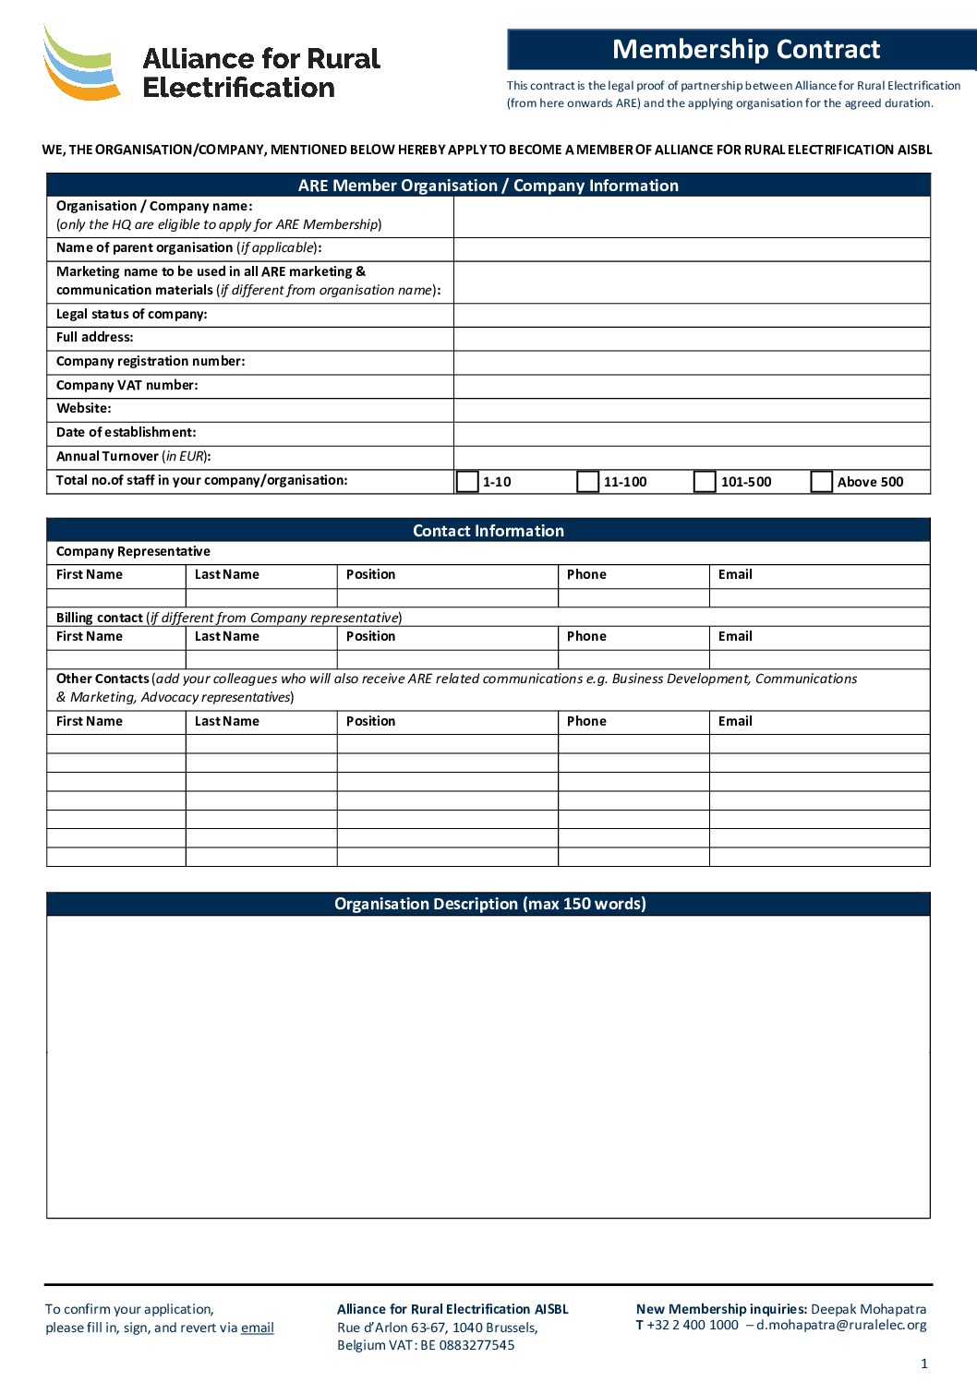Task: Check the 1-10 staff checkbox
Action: (x=467, y=482)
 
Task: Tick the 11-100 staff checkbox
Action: (x=587, y=482)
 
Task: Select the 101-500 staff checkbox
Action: (x=705, y=482)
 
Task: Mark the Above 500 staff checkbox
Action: (x=822, y=482)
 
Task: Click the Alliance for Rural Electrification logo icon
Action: (x=81, y=63)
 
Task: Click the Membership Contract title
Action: (x=746, y=49)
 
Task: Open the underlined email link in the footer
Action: (x=258, y=1328)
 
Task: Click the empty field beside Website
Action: (x=692, y=409)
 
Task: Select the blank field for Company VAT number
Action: (x=692, y=386)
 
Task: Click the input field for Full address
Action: (x=692, y=338)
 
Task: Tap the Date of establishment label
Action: (x=126, y=432)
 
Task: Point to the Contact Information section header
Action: (x=488, y=531)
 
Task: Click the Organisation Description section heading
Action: (x=489, y=904)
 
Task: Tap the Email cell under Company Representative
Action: (x=819, y=597)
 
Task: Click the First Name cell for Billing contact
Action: (x=116, y=659)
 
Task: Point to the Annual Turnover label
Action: (x=133, y=456)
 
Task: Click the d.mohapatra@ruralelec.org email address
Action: (x=841, y=1325)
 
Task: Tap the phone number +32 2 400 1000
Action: (x=693, y=1325)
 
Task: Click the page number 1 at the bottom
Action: (x=924, y=1364)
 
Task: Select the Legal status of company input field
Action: (x=692, y=315)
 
